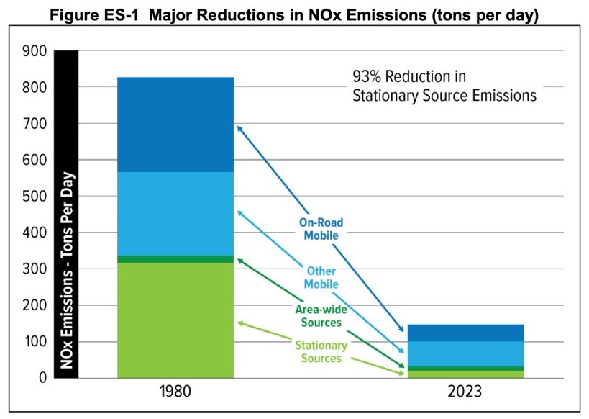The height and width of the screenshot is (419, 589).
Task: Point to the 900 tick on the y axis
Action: (35, 52)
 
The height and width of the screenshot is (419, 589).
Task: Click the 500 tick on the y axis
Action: (35, 197)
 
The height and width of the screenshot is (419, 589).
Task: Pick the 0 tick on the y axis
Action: (42, 378)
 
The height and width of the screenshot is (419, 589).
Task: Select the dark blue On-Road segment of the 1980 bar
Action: (175, 124)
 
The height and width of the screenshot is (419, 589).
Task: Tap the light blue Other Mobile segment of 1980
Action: (175, 213)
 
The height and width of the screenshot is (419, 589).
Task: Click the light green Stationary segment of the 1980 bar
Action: (175, 320)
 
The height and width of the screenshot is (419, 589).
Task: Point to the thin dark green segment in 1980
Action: (175, 259)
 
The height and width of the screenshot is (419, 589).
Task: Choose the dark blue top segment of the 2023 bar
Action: (465, 333)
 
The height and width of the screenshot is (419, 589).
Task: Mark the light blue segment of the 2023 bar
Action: (465, 353)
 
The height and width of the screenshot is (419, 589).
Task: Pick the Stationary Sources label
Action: (321, 351)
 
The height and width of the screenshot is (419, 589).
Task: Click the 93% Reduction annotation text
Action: (444, 85)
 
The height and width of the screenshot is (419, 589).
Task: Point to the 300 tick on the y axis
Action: (35, 269)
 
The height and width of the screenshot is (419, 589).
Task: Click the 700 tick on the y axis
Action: (35, 124)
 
